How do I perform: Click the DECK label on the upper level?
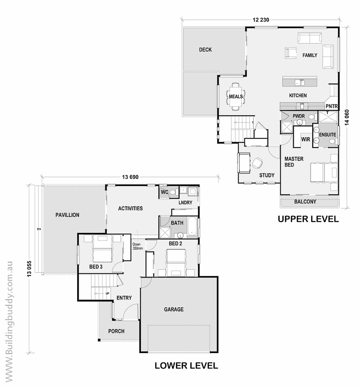[x=205, y=50]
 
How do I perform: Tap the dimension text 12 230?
[x=261, y=20]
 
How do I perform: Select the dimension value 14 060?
[x=347, y=117]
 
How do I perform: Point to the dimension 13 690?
[x=130, y=177]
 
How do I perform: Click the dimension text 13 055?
[x=29, y=269]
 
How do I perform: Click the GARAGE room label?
[x=174, y=309]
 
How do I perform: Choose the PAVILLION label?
[x=67, y=215]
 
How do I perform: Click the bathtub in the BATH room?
[x=192, y=226]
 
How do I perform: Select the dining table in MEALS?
[x=236, y=97]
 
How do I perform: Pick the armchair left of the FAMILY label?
[x=291, y=53]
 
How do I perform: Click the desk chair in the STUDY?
[x=257, y=163]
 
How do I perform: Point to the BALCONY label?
[x=305, y=202]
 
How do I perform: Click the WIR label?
[x=305, y=140]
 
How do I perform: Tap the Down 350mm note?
[x=137, y=246]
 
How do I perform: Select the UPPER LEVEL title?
[x=308, y=219]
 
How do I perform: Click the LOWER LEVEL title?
[x=186, y=365]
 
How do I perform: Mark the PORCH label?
[x=116, y=332]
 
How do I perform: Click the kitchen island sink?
[x=300, y=82]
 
